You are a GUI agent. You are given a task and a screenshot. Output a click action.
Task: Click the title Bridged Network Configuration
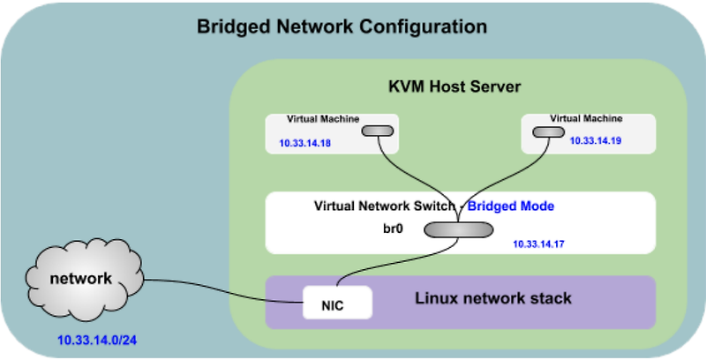pos(341,26)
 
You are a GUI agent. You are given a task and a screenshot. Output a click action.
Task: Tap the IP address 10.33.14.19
pos(595,139)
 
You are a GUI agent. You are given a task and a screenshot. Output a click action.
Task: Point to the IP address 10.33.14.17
pos(538,244)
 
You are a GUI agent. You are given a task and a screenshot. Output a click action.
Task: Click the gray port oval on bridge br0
pos(456,229)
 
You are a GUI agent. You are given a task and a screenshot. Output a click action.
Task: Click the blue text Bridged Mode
pos(510,206)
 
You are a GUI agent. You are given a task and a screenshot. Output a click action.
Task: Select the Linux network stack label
pos(493,298)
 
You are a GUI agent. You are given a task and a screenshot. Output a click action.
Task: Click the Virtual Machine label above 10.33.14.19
pos(586,117)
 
